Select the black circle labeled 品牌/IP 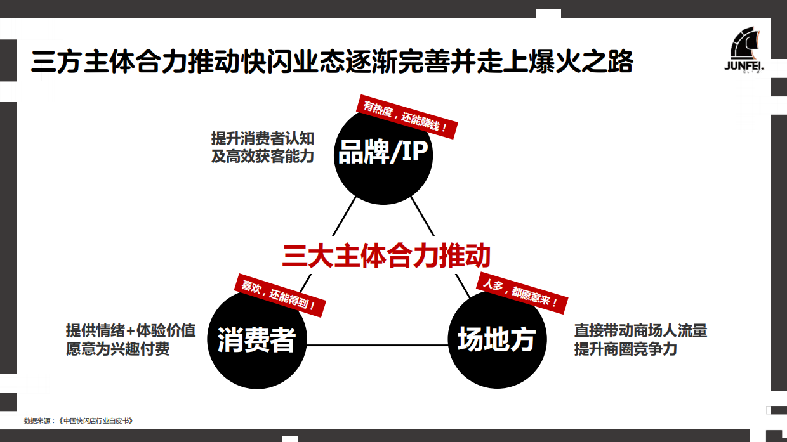[383, 155]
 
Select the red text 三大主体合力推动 [387, 256]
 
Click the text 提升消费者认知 [262, 138]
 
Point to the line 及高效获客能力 [262, 155]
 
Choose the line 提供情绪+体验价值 [131, 331]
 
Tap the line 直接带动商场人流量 [640, 331]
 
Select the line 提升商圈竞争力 [625, 349]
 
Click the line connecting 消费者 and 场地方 [377, 346]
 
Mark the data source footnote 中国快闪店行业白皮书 [79, 420]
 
